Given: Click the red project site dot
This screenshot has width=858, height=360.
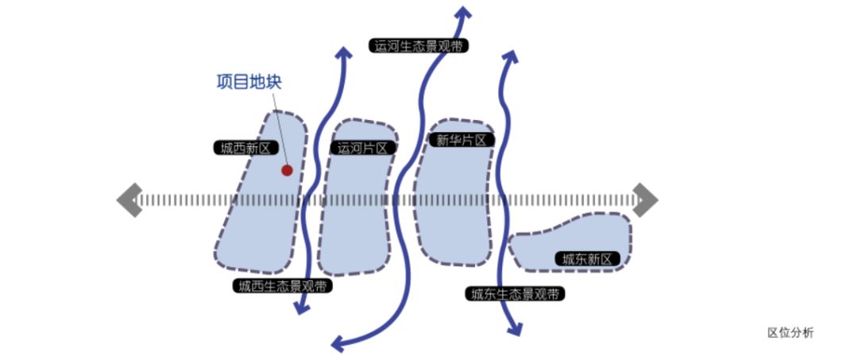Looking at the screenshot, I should [287, 170].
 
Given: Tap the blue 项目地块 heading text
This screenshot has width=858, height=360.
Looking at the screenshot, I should [249, 82].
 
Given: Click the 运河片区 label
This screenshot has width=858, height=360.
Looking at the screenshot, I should [362, 148].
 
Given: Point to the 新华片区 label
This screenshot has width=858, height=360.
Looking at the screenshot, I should [461, 140].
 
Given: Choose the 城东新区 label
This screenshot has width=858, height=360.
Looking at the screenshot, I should [587, 259].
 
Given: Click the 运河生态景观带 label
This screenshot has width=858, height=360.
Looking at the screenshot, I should [419, 45].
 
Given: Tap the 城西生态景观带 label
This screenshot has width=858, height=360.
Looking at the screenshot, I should [282, 285].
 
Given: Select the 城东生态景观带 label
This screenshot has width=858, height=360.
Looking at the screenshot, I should [516, 294].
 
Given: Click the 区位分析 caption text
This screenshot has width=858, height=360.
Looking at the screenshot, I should [790, 333].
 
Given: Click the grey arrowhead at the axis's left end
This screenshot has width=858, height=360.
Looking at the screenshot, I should [128, 199].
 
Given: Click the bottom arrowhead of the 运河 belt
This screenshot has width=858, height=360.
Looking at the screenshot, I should [339, 343].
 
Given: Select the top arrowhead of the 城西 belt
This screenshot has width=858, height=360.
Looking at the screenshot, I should [343, 53].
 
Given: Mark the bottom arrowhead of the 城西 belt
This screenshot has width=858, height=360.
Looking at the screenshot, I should [301, 307].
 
